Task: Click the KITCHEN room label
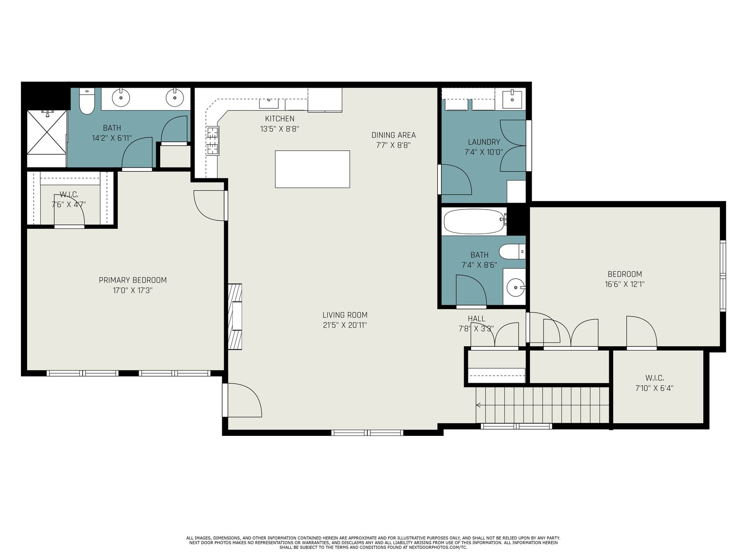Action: [x=279, y=119]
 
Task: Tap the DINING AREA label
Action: [x=394, y=135]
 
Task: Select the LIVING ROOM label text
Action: [x=345, y=315]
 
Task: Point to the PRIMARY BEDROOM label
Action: [x=133, y=280]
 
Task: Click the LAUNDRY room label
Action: [x=484, y=142]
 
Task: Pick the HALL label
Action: [x=477, y=319]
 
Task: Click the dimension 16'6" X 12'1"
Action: [x=625, y=284]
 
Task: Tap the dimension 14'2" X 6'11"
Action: [x=112, y=138]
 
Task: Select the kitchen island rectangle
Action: [x=312, y=169]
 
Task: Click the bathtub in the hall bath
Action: [x=474, y=221]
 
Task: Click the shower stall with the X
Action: [x=47, y=132]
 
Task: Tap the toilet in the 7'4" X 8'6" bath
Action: [x=512, y=252]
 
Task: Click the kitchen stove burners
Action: [x=212, y=141]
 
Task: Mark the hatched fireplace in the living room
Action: [x=235, y=316]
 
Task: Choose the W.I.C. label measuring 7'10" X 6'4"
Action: [x=654, y=383]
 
